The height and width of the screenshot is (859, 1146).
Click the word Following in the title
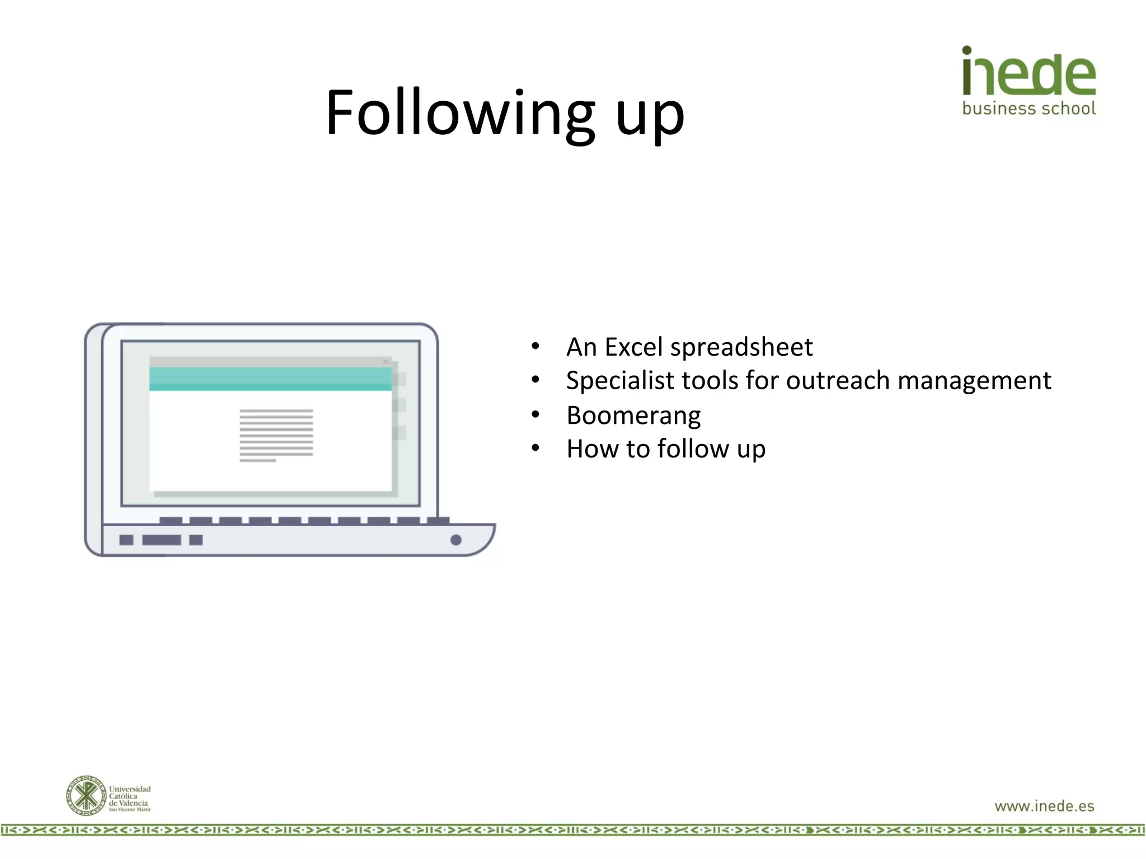[x=460, y=114]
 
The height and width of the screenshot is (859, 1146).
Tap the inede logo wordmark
[x=1028, y=72]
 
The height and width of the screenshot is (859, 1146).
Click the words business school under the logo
[x=1028, y=108]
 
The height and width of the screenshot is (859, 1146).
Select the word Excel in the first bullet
[x=634, y=347]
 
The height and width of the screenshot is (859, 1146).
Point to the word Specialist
[x=620, y=381]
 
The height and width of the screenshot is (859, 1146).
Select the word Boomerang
[x=633, y=416]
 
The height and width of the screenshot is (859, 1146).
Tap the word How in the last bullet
[x=592, y=449]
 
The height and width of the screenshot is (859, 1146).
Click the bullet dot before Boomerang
[x=536, y=414]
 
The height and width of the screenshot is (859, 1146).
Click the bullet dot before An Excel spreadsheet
[x=536, y=346]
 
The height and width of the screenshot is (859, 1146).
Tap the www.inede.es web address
[x=1044, y=806]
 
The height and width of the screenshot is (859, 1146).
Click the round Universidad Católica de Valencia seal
[x=86, y=795]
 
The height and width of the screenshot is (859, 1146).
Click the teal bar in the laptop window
[x=270, y=379]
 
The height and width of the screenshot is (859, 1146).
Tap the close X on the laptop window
[x=386, y=362]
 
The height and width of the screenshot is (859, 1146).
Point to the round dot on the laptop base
[x=456, y=540]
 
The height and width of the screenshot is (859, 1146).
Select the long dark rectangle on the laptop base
[x=161, y=540]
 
